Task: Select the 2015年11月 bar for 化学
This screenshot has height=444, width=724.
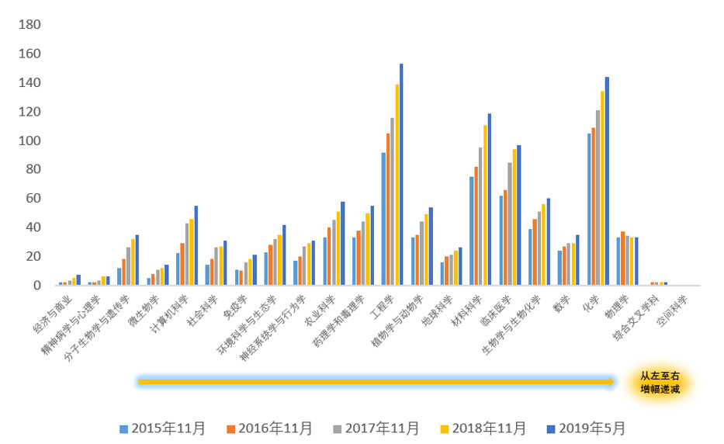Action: click(x=590, y=210)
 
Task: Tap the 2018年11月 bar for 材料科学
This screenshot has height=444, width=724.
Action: click(x=485, y=205)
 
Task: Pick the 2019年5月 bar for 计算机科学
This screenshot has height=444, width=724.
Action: click(x=196, y=245)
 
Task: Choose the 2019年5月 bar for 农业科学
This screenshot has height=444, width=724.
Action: click(x=342, y=244)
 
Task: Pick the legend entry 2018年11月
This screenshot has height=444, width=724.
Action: click(x=483, y=428)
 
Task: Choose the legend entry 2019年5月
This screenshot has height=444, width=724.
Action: click(x=587, y=428)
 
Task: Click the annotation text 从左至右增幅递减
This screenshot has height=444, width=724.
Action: click(x=660, y=382)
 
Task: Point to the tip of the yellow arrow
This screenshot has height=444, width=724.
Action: click(x=615, y=381)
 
